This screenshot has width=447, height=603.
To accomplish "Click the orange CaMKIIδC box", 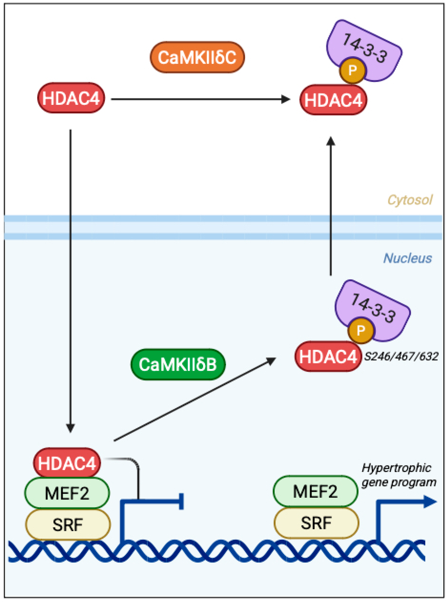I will [197, 57].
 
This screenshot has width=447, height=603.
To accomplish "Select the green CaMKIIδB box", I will [178, 364].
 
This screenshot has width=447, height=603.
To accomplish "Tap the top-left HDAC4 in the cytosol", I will [71, 98].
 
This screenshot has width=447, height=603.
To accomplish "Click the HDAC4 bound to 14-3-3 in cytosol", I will [333, 100].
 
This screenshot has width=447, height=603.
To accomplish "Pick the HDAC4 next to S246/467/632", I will [328, 356].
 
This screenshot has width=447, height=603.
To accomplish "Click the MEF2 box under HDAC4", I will [67, 493].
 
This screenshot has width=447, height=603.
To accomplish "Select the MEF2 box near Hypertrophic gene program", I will [315, 491].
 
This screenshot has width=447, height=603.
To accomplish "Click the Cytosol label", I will [410, 200].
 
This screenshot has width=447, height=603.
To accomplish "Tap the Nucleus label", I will [407, 258].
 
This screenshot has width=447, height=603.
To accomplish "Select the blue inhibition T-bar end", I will [181, 501].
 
